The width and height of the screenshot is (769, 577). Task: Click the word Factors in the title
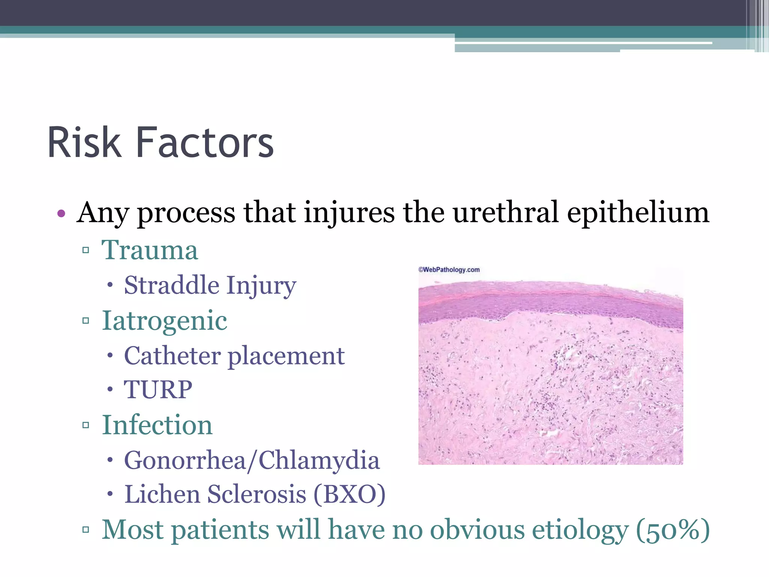205,143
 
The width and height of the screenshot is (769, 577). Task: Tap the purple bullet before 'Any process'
61,214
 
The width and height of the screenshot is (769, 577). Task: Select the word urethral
505,213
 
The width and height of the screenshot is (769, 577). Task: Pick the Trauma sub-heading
149,250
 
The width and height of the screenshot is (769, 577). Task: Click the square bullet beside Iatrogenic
86,321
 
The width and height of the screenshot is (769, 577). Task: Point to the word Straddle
172,285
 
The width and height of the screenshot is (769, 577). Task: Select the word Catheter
172,356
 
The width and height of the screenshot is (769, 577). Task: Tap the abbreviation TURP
158,390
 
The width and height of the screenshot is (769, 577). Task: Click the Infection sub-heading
157,425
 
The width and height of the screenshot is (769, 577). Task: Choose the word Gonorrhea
185,461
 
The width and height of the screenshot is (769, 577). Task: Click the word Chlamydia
319,461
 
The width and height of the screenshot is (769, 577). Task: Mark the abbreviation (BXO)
349,494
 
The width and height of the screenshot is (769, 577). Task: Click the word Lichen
162,494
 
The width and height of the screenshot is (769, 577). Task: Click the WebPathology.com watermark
449,270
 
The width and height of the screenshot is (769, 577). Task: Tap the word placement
286,356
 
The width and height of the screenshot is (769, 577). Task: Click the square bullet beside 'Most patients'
86,530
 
